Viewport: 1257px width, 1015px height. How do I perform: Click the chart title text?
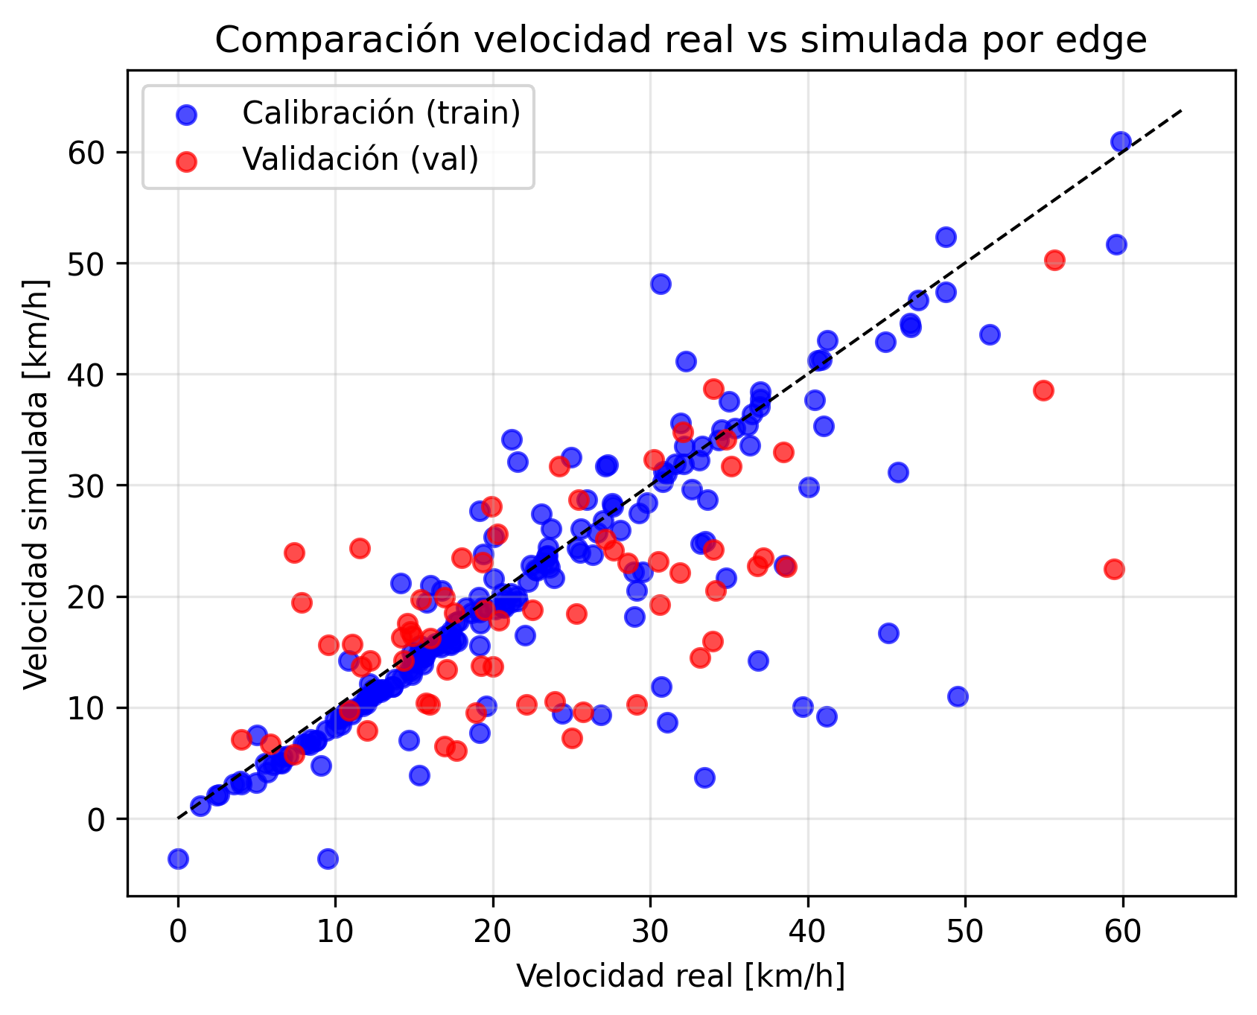[681, 41]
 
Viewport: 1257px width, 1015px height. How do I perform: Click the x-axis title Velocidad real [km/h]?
[681, 976]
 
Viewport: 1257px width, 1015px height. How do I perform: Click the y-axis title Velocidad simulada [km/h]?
[36, 485]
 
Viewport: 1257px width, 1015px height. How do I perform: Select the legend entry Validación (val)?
[360, 159]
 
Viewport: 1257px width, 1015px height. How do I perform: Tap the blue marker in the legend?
[187, 114]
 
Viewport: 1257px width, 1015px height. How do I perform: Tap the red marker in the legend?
[187, 160]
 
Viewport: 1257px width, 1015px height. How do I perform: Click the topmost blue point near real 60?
[1121, 141]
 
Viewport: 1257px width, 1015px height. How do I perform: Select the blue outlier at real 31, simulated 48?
[661, 284]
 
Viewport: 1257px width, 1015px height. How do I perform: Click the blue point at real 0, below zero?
[178, 859]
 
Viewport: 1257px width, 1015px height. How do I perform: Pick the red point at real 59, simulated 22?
[1114, 569]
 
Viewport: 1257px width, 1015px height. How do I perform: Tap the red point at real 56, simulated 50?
[1054, 260]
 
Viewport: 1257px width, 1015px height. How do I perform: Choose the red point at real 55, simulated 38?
[1043, 390]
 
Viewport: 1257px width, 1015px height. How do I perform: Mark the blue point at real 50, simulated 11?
[958, 696]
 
